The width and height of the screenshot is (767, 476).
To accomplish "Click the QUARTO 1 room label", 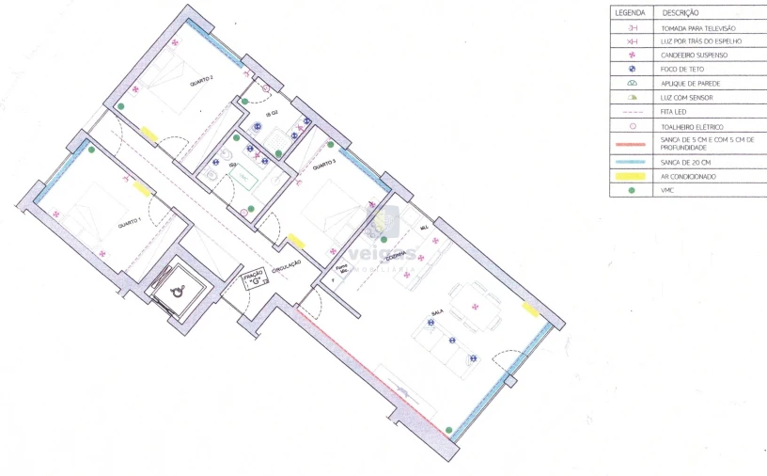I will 128,223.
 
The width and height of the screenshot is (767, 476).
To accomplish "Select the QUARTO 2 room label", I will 201,81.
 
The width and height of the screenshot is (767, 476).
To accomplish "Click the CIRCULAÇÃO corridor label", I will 286,268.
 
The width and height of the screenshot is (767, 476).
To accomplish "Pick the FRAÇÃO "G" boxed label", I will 253,278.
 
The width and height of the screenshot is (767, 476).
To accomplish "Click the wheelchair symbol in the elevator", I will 178,292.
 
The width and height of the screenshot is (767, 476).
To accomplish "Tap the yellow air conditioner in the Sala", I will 531,309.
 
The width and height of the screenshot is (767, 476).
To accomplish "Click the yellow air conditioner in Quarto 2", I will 149,134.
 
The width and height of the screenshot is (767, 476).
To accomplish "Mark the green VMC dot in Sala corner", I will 449,430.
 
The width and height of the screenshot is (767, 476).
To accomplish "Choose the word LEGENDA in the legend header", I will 630,14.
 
